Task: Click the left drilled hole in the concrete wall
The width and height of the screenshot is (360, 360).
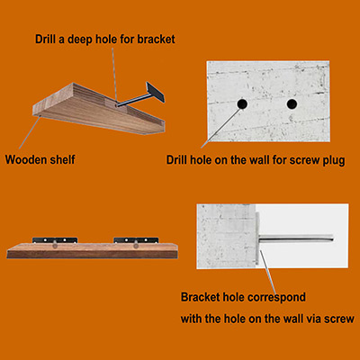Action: (242, 103)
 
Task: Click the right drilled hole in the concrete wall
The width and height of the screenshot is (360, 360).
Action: (292, 103)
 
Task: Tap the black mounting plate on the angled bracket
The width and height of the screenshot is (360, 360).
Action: (156, 92)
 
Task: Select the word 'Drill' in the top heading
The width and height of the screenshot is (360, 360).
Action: (45, 40)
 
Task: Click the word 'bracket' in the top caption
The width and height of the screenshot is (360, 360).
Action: (156, 40)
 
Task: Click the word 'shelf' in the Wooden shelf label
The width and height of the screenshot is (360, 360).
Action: (62, 159)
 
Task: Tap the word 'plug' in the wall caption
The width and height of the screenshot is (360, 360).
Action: (334, 160)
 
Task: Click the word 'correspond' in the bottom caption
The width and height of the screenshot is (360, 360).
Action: (277, 298)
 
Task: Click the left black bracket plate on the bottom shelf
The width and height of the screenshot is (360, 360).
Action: (55, 240)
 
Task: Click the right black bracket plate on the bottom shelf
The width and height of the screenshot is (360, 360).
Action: (136, 240)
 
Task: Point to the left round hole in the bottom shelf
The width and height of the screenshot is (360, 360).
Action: (55, 246)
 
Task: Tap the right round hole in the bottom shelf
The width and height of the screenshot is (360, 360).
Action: (136, 246)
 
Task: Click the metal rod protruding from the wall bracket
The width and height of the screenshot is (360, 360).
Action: (296, 238)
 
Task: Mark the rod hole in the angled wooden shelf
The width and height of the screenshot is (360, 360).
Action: (117, 105)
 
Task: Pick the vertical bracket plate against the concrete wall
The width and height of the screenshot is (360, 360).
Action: (257, 238)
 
